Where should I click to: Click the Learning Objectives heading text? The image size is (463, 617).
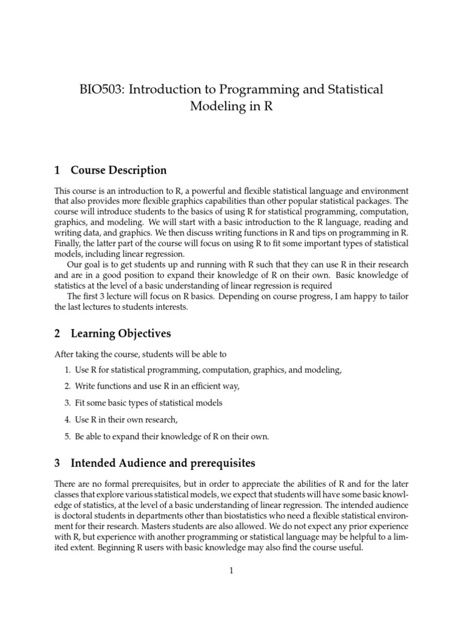pos(121,333)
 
